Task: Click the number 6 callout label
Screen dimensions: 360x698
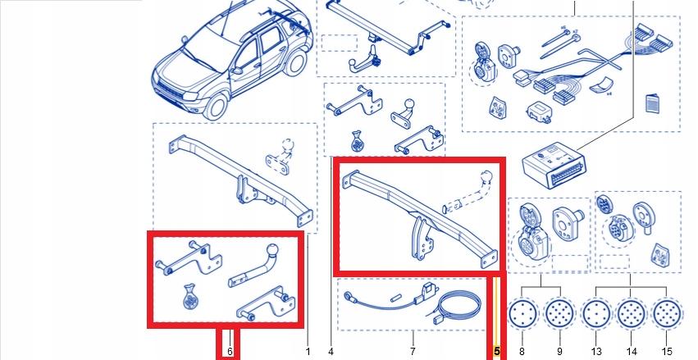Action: [x=230, y=351]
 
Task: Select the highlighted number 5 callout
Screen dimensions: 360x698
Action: [x=496, y=351]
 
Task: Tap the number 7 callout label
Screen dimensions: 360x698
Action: [x=412, y=351]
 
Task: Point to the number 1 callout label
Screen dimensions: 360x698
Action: [x=308, y=351]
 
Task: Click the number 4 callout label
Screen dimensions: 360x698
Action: [x=331, y=351]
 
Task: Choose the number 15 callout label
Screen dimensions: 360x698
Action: [x=666, y=351]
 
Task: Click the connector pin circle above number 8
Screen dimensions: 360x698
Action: [x=522, y=314]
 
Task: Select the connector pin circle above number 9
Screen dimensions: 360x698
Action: [x=559, y=314]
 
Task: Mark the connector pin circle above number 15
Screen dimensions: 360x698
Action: [x=666, y=314]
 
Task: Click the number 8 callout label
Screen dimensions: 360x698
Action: [x=522, y=351]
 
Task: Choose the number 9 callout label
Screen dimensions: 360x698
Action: [x=559, y=351]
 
